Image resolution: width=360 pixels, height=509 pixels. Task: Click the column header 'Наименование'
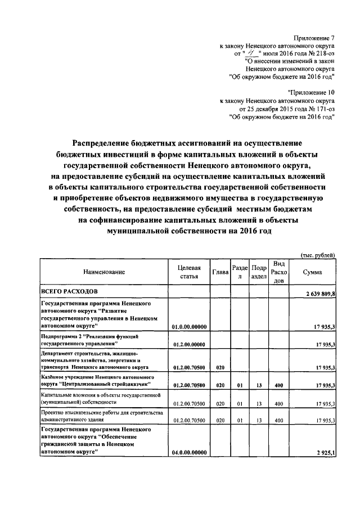point(104,272)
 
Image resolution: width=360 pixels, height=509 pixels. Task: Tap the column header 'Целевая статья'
point(189,272)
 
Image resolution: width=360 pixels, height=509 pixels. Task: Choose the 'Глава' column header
point(220,272)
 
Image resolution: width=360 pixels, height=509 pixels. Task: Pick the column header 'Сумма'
point(313,272)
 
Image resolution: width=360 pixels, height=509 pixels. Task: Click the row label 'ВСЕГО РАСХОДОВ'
point(70,291)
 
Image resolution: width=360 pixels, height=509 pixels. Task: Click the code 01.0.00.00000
point(190,326)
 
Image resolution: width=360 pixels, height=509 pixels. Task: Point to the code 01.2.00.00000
point(190,344)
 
